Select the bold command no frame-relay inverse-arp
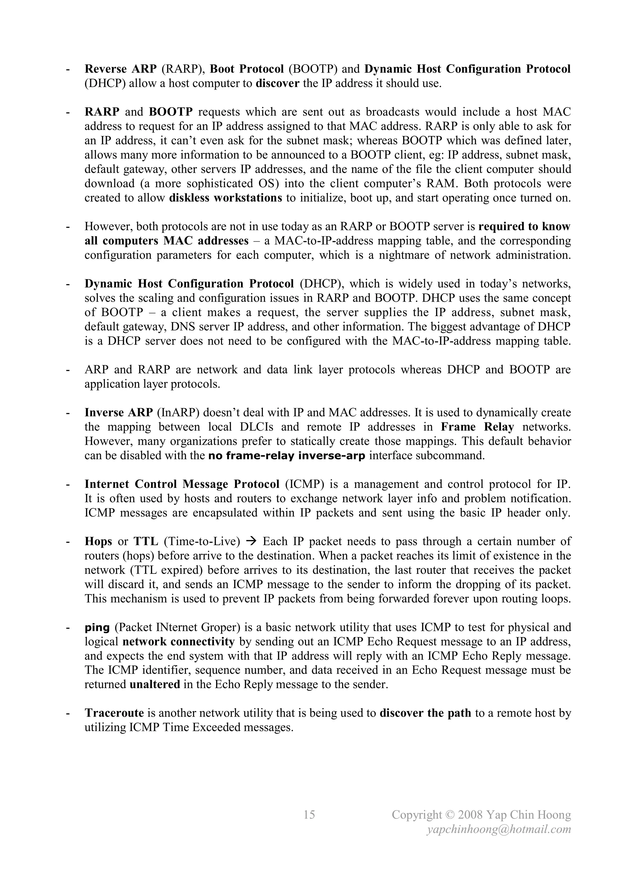(x=287, y=456)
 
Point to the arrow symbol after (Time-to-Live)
(x=251, y=542)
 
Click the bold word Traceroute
(x=114, y=713)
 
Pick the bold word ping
(x=97, y=628)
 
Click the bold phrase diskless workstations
(x=225, y=198)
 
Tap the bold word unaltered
(x=154, y=685)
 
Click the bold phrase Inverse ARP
(x=118, y=413)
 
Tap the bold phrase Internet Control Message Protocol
(x=182, y=484)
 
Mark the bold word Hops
(x=98, y=542)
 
